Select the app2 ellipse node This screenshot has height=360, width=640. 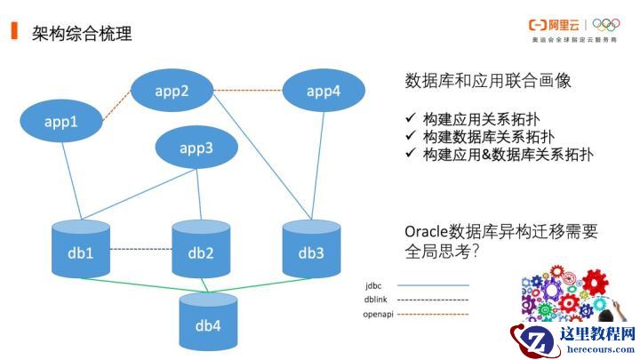click(x=172, y=90)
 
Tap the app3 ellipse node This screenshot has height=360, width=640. click(x=196, y=148)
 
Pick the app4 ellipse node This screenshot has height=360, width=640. click(x=323, y=91)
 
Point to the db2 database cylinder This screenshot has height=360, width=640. click(x=201, y=251)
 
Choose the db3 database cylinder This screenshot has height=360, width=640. click(x=311, y=250)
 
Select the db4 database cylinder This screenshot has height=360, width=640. click(x=207, y=320)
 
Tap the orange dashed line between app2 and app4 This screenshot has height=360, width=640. click(x=248, y=90)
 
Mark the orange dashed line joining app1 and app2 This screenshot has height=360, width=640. click(x=116, y=108)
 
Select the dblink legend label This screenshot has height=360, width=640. click(x=375, y=300)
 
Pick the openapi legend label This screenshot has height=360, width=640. click(x=379, y=314)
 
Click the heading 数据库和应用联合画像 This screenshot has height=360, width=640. click(x=488, y=81)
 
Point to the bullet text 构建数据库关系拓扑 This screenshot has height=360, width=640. click(x=488, y=137)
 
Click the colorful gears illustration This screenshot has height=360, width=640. click(x=564, y=293)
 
